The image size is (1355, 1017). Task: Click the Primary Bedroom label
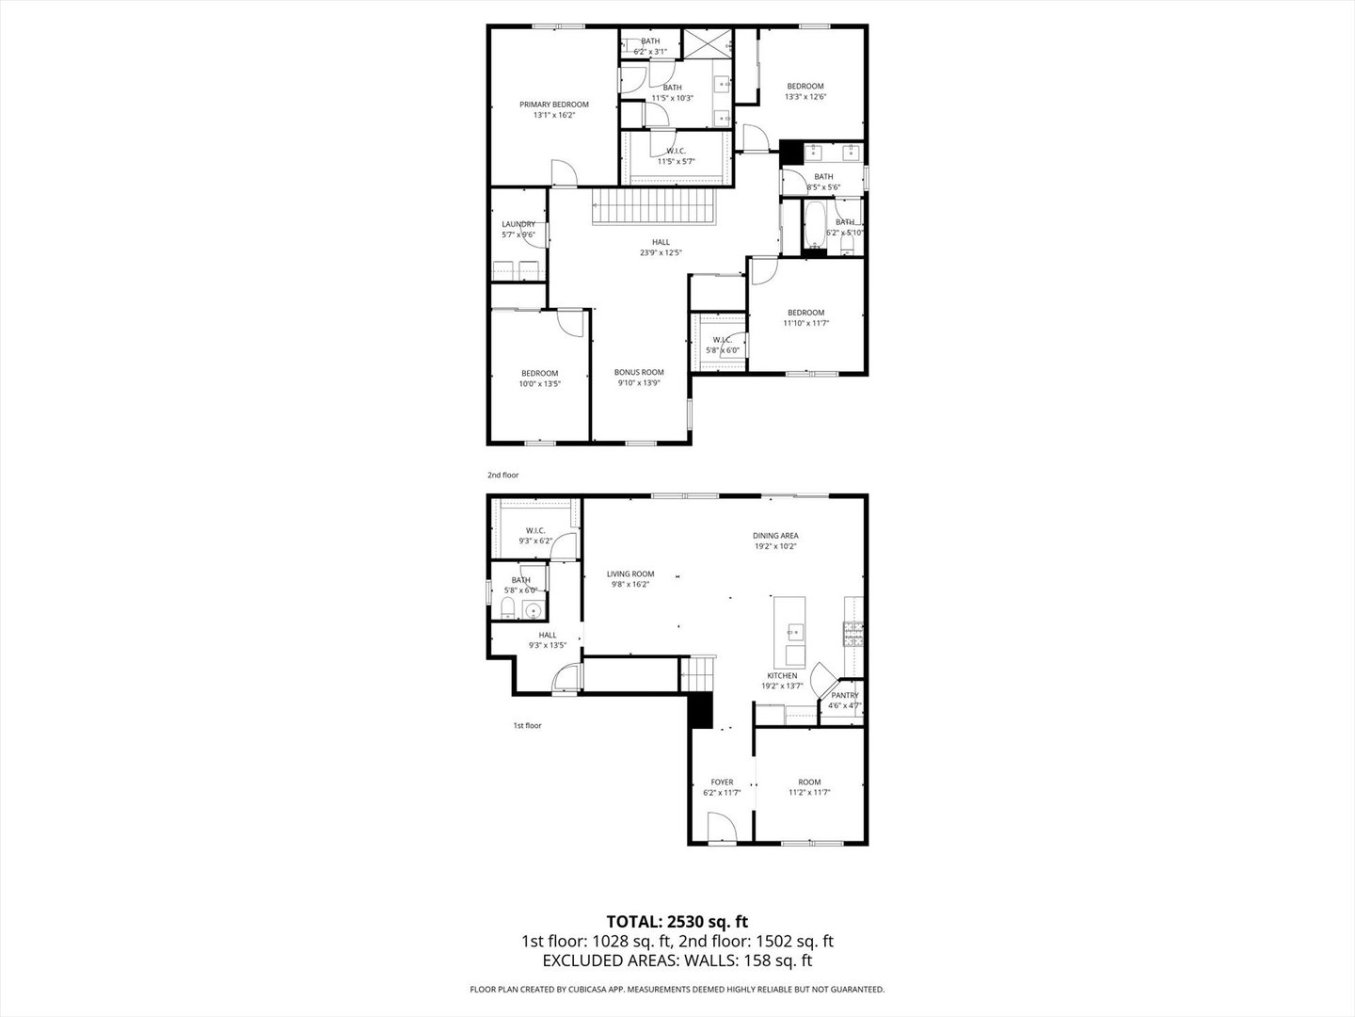coord(554,105)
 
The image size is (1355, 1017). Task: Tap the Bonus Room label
coord(640,372)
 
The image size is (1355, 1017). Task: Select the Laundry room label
coord(518,224)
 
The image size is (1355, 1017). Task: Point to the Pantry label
coord(844,695)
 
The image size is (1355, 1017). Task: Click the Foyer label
coord(722,782)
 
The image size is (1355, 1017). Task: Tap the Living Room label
coord(630,573)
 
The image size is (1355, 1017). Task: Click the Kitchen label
coord(782,675)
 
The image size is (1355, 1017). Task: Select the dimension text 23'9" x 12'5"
coord(661,252)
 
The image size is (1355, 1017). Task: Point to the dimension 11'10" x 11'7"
coord(805,323)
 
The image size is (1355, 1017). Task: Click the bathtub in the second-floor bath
coord(814,226)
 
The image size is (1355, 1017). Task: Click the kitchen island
coord(789,631)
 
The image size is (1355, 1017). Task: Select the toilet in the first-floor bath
coord(506,606)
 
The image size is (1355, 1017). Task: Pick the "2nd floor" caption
coord(502,476)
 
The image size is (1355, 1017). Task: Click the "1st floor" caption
coord(527,725)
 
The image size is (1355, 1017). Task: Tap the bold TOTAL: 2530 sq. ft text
coord(677,921)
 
